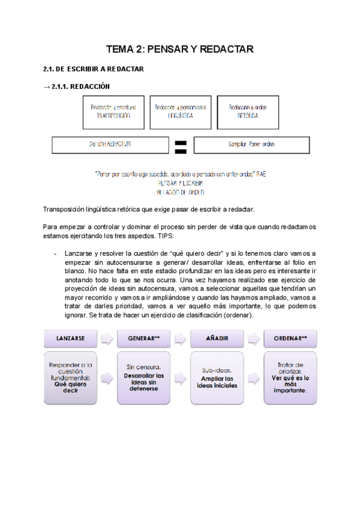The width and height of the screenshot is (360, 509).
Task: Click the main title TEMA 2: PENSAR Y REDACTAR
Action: (x=179, y=49)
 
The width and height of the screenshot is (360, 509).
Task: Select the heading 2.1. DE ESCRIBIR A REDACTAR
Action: (x=94, y=69)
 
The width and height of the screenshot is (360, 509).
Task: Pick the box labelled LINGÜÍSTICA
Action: (x=180, y=112)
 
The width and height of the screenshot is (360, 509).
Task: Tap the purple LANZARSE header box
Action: (x=71, y=338)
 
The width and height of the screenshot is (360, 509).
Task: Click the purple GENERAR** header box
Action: (x=144, y=338)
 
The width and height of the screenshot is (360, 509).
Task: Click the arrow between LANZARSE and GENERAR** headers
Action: (x=108, y=338)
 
